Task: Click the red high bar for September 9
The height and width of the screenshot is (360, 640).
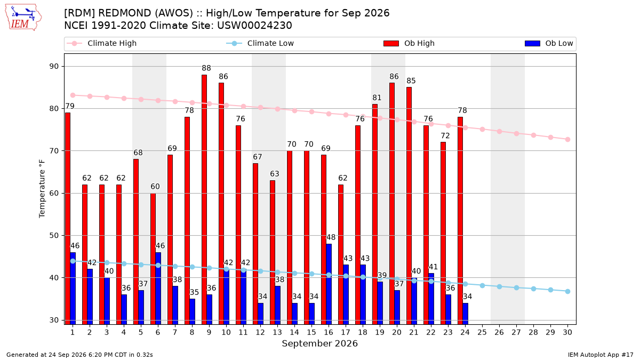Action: (204, 199)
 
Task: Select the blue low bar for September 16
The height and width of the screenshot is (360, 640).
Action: (329, 284)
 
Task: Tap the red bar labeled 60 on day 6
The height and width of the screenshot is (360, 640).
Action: (153, 259)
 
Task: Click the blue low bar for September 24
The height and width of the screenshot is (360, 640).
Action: (466, 314)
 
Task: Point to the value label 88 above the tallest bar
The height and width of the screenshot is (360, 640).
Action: (206, 68)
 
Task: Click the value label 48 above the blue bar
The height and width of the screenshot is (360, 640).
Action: (331, 237)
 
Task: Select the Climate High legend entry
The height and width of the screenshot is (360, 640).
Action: (102, 43)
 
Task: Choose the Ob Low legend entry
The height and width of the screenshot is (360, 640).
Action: (549, 43)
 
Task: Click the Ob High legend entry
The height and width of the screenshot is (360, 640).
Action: (409, 43)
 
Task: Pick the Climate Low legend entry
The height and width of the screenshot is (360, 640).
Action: (260, 43)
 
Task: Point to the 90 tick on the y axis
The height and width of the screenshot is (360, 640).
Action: (54, 66)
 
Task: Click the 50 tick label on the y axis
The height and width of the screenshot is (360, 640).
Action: (54, 235)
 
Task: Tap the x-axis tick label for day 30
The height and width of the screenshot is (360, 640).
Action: (567, 332)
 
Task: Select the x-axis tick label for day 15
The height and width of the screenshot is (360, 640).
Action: (311, 332)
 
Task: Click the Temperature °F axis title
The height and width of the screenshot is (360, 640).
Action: (42, 189)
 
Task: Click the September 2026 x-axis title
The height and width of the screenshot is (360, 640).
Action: (319, 343)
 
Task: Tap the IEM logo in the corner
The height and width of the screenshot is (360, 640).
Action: (23, 18)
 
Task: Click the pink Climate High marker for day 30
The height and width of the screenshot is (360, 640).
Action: (567, 139)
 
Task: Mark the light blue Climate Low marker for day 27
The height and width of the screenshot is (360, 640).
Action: (517, 287)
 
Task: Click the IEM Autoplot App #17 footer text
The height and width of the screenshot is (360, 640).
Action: (601, 355)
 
